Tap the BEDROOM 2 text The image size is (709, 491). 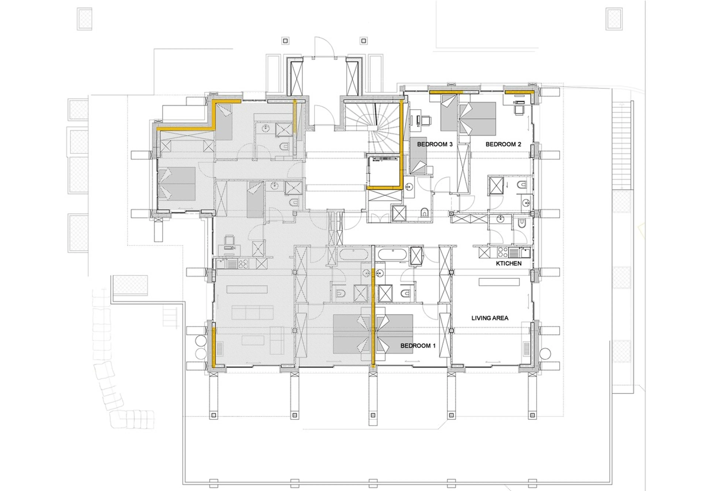click(503, 144)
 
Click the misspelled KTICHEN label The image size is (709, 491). click(508, 263)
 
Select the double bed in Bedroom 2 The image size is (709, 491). click(478, 118)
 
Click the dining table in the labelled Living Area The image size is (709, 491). click(499, 282)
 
